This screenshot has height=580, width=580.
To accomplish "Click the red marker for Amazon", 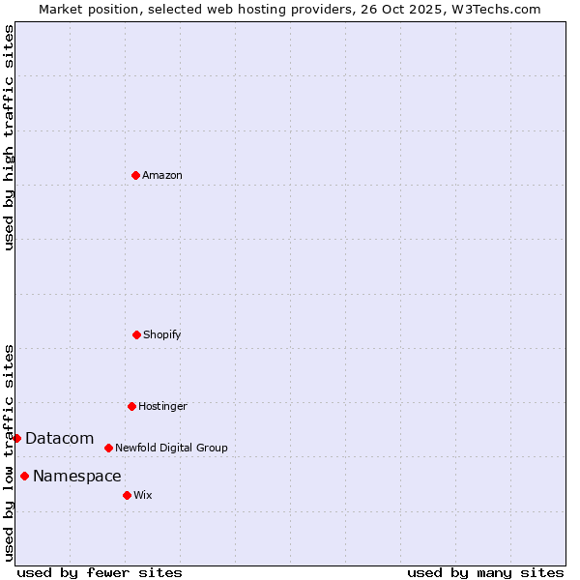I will [x=136, y=175].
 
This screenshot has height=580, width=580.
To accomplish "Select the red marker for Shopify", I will [x=136, y=334].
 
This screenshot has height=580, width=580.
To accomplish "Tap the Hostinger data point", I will [x=131, y=406].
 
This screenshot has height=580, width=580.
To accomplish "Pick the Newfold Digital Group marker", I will [x=108, y=448].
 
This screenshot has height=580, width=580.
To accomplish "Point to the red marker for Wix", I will [x=127, y=495].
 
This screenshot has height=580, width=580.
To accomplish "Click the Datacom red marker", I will [x=16, y=438].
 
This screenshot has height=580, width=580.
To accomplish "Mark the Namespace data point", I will [x=24, y=476].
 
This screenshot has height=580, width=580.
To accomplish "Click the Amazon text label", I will [x=162, y=175].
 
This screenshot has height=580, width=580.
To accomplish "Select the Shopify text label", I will [x=162, y=334].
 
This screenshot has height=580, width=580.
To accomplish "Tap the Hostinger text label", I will [x=162, y=406].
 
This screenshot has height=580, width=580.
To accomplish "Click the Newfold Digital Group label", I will [x=171, y=448].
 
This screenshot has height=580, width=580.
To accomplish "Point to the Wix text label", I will [x=143, y=495].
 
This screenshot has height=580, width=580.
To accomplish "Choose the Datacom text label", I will [x=59, y=438].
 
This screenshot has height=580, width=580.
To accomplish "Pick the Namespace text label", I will [x=77, y=476].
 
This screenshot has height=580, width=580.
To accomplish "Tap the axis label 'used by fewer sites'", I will [x=100, y=572].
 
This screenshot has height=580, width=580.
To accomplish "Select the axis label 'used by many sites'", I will [x=485, y=572].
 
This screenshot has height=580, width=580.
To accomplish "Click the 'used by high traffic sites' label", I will [x=9, y=137].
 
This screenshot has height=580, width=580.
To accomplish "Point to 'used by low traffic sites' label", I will [x=9, y=451].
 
